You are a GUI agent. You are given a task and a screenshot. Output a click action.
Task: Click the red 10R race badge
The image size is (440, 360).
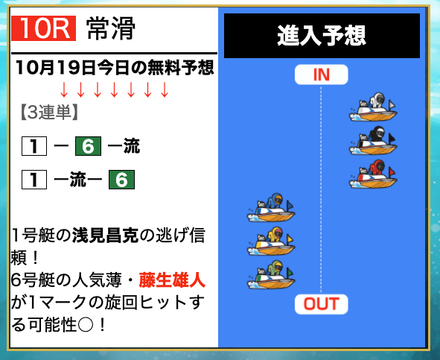[x=43, y=28]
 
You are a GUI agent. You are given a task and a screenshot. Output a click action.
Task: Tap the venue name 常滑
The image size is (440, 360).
[x=111, y=28]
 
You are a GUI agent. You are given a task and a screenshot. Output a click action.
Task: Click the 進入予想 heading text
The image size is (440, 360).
[x=322, y=36]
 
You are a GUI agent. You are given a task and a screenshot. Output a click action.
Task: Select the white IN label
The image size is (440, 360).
[x=322, y=75]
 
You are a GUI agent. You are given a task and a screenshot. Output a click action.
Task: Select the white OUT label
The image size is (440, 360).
[x=322, y=304]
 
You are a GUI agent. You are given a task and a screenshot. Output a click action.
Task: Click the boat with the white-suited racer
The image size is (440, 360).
[x=373, y=107]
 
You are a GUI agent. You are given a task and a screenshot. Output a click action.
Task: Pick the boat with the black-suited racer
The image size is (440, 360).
[x=373, y=141]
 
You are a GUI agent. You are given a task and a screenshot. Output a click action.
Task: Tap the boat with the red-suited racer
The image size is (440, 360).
[x=373, y=174]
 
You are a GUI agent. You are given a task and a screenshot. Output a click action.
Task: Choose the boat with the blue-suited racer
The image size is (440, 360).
[x=271, y=208]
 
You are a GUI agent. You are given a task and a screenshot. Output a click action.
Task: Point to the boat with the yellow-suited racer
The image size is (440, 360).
[x=271, y=241]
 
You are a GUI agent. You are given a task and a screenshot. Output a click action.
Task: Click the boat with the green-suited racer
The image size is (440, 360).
[x=271, y=274]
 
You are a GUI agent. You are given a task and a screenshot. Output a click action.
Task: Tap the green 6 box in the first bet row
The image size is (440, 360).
[x=88, y=146]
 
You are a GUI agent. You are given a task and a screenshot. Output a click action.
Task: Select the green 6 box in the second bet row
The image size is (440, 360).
[x=122, y=180]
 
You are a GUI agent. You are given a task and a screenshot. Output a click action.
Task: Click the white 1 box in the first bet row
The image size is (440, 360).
[x=34, y=146]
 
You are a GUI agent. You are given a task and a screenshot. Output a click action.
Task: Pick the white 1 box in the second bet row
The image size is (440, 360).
[x=34, y=180]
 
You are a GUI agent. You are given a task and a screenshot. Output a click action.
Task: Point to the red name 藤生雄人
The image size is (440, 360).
[x=172, y=280]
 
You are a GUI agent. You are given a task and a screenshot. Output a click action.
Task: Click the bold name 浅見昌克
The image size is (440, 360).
[x=106, y=236]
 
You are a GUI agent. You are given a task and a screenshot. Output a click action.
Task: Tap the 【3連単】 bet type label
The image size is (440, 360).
[x=49, y=113]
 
